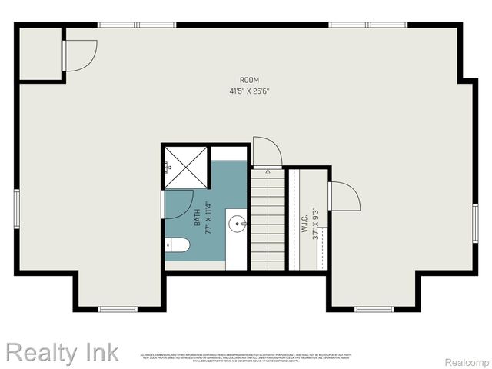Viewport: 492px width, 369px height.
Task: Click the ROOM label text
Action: [x=249, y=80]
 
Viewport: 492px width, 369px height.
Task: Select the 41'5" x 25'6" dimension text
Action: [x=249, y=91]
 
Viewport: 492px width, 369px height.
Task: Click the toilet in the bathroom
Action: [x=178, y=245]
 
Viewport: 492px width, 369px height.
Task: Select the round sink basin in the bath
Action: [x=237, y=224]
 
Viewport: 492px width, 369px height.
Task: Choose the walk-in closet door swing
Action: [x=343, y=196]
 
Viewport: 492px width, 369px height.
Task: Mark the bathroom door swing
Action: [x=177, y=204]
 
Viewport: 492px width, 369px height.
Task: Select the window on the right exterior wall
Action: [x=475, y=224]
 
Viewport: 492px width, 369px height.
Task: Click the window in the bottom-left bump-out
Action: [x=118, y=309]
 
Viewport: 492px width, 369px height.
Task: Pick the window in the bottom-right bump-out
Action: [x=374, y=309]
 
